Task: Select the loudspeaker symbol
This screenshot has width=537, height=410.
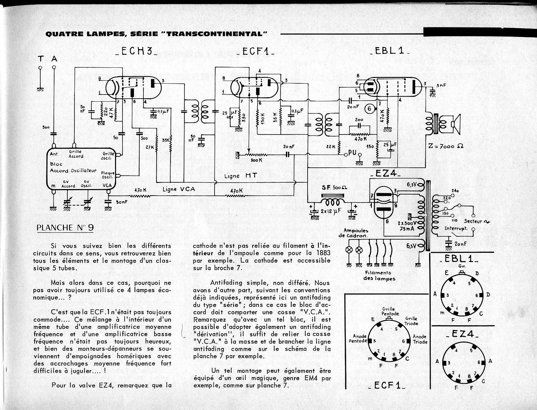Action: click(x=455, y=124)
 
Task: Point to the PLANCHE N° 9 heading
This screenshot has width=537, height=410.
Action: click(x=65, y=228)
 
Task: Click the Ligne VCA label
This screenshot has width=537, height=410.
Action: click(x=179, y=189)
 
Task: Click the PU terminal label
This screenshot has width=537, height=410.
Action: click(x=353, y=153)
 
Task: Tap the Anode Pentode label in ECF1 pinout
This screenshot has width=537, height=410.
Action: click(x=358, y=339)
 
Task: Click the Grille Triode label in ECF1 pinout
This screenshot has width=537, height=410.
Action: click(x=411, y=321)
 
